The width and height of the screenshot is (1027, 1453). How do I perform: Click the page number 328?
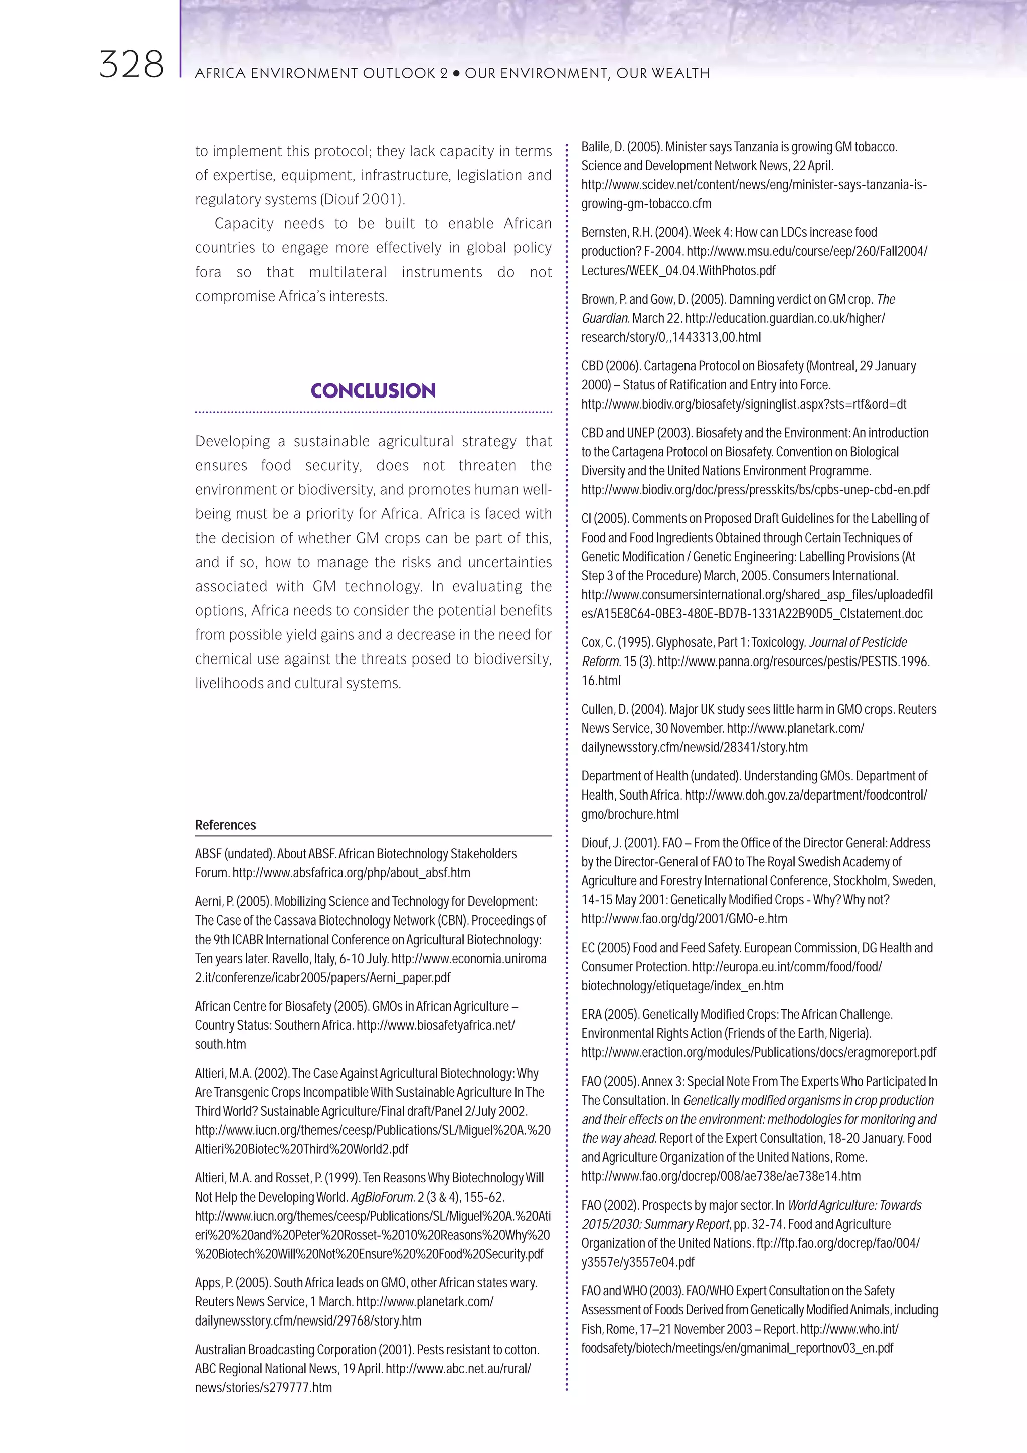[131, 66]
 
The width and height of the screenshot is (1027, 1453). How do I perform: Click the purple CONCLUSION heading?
[373, 390]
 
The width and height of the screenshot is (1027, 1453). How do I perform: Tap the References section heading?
[225, 825]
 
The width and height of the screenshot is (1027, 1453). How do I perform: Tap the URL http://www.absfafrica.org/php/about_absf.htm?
[351, 873]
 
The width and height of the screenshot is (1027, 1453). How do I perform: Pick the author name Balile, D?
[603, 147]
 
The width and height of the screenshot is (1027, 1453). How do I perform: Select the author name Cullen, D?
[605, 709]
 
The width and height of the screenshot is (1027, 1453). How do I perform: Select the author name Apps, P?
[213, 1283]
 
